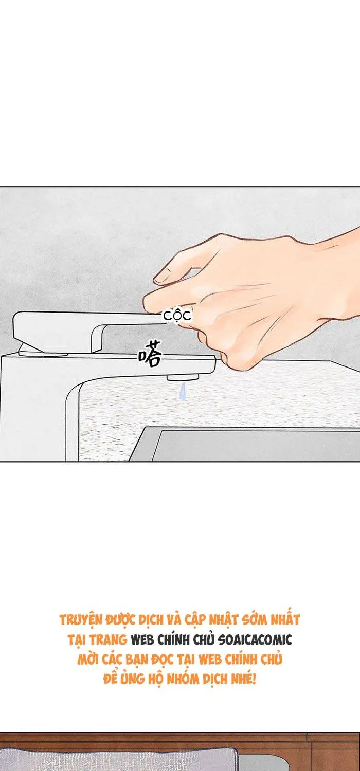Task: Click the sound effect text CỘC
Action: click(x=177, y=316)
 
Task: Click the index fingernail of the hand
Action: click(x=162, y=276)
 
